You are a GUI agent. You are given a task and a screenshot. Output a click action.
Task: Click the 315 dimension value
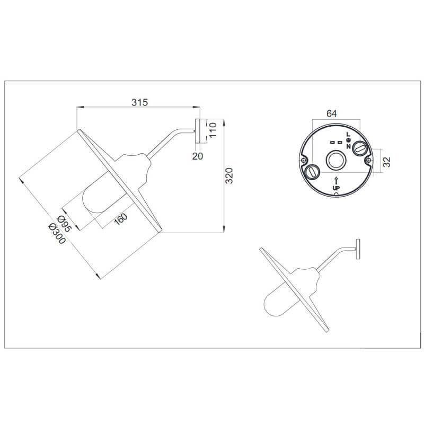[x=140, y=102]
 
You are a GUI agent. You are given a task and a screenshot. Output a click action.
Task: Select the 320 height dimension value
[x=229, y=176]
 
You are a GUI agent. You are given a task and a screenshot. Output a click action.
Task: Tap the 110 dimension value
[x=214, y=130]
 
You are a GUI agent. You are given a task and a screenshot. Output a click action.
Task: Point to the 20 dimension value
[x=197, y=156]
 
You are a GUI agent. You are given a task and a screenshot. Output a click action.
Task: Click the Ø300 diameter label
[x=57, y=234]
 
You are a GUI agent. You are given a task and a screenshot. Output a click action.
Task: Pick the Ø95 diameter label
[x=64, y=224]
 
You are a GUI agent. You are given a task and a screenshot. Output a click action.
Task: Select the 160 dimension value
[x=121, y=219]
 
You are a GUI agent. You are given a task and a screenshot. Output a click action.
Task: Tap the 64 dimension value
[x=332, y=113]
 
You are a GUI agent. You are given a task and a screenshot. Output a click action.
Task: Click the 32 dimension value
[x=387, y=162]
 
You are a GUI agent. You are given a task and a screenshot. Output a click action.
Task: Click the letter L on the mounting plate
[x=348, y=134]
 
